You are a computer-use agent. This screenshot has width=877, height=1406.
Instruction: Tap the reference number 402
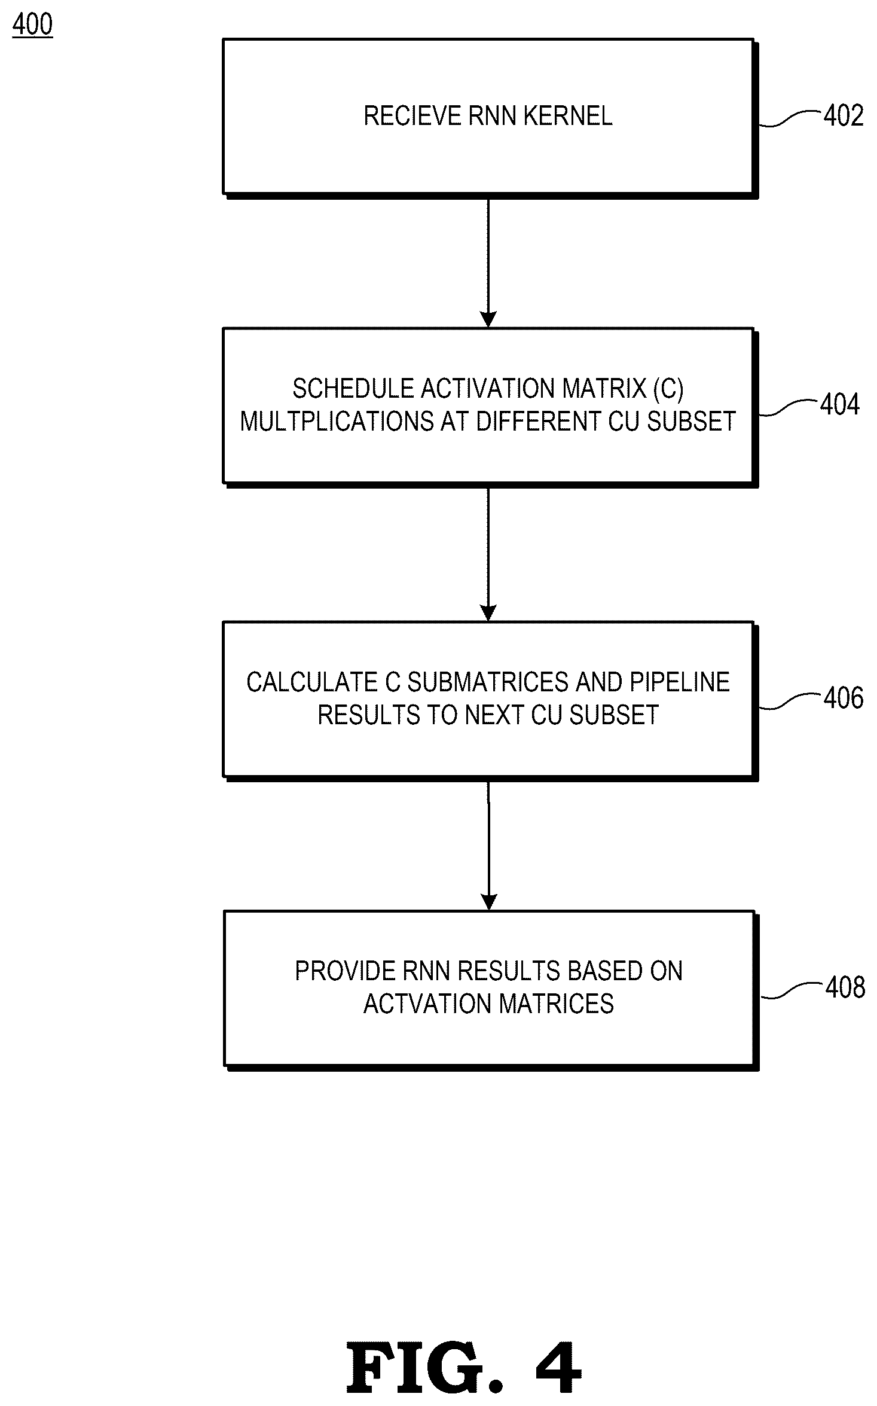[x=844, y=115]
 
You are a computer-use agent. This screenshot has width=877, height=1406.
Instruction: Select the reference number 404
[x=840, y=404]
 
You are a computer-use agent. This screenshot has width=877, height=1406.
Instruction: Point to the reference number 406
[x=844, y=698]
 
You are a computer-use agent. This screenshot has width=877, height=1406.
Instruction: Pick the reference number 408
[x=845, y=987]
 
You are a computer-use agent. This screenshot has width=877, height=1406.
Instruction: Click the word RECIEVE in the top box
[x=413, y=116]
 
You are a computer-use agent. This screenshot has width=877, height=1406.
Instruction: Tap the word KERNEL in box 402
[x=568, y=116]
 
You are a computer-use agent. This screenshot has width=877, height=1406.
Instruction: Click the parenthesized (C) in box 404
[x=668, y=389]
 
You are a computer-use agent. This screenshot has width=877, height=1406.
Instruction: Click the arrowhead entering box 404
[x=488, y=320]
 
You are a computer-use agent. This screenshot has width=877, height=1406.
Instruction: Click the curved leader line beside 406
[x=790, y=701]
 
